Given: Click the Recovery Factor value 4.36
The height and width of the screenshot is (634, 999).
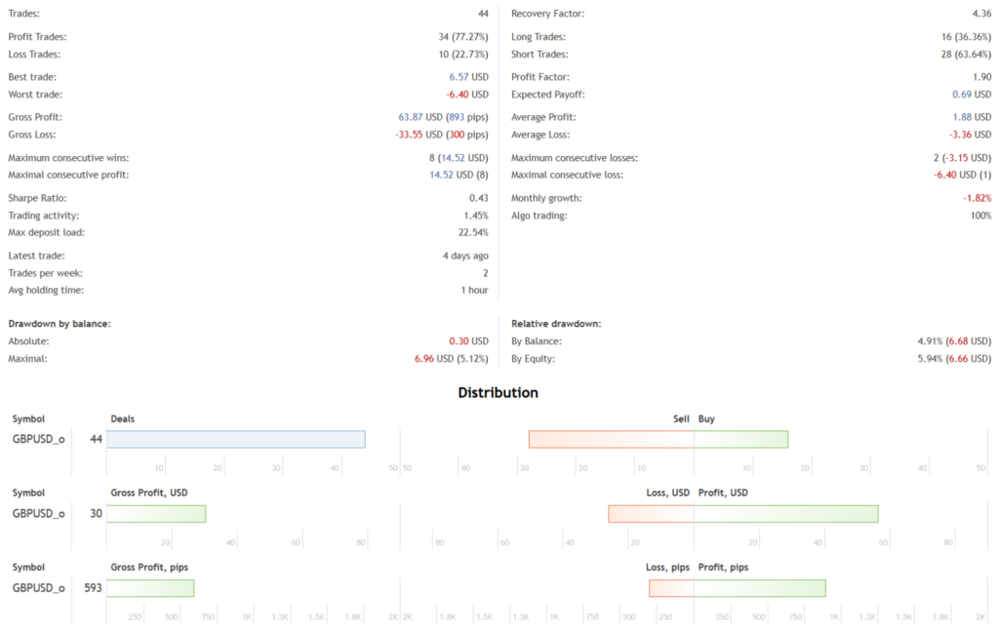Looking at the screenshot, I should pos(980,14).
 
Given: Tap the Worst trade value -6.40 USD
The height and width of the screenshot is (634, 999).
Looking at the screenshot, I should pos(467,95).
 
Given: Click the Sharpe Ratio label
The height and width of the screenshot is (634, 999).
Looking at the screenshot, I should pos(36,198).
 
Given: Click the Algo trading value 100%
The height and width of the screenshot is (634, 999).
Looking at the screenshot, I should pos(979,216).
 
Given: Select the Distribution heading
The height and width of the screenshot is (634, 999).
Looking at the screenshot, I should pos(499,393).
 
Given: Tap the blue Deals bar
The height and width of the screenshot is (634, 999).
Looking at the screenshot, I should pos(235,439).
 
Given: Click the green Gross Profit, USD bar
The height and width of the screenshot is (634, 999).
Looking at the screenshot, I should pos(156,513).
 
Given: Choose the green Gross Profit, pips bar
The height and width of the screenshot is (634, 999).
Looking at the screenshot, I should pos(150,588).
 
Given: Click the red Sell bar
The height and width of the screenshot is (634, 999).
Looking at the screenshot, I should pos(611,439).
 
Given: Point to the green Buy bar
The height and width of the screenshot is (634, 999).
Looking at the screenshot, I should pos(740,439).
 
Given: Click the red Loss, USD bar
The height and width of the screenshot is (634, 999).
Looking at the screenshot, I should pos(651,513).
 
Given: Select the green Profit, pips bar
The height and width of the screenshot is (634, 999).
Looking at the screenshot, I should pos(760,588).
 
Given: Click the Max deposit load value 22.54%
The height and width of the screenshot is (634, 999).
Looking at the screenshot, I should pos(470,232).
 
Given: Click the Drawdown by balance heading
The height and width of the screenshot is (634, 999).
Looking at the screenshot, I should pos(59,323).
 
